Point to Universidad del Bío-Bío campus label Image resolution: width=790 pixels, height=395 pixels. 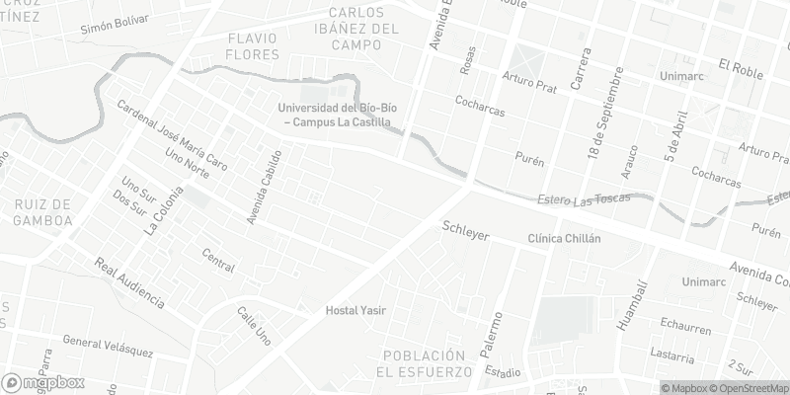coord(334,115)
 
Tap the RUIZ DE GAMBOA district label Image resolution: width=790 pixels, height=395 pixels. coord(43,212)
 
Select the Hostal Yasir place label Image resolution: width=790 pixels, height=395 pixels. coord(355,310)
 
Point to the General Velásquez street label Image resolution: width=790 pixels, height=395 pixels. coord(108,346)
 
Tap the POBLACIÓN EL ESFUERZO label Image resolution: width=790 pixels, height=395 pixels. coord(425,363)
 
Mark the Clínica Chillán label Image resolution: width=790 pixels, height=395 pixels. coord(564,239)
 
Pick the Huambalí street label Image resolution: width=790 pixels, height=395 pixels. coord(629,304)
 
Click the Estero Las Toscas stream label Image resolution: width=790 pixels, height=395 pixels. coord(583,201)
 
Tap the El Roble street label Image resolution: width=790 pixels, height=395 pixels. coord(743,66)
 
